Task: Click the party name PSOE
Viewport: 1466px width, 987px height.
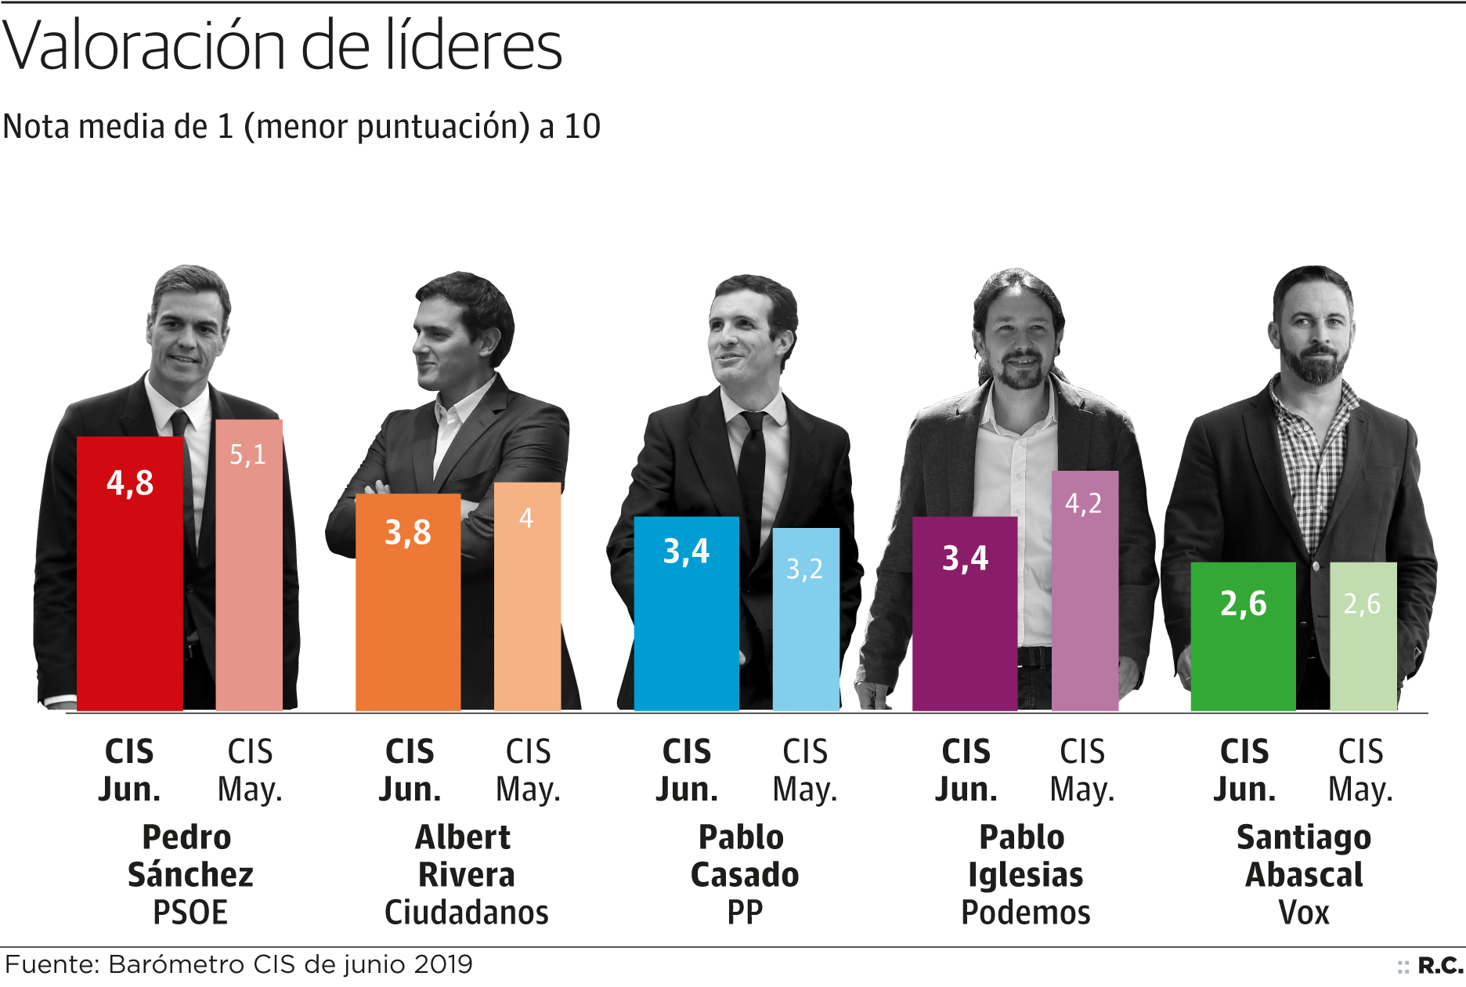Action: coord(190,913)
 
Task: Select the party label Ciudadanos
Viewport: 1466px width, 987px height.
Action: coord(467,913)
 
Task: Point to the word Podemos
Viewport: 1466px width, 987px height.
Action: coord(1025,913)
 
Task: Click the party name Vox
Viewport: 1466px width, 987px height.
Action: coord(1304,913)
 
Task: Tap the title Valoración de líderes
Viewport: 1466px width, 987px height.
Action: coord(283,45)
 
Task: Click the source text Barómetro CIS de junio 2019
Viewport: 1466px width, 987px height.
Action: coord(291,964)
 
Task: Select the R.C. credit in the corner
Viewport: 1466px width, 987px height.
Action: coord(1439,966)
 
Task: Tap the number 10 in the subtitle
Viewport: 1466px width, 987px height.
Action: coord(583,126)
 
